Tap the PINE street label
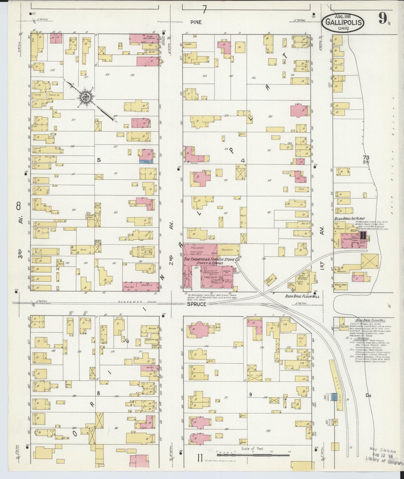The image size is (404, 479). pyautogui.click(x=196, y=22)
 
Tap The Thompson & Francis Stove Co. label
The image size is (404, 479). pyautogui.click(x=212, y=260)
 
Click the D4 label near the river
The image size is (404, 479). pyautogui.click(x=368, y=395)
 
